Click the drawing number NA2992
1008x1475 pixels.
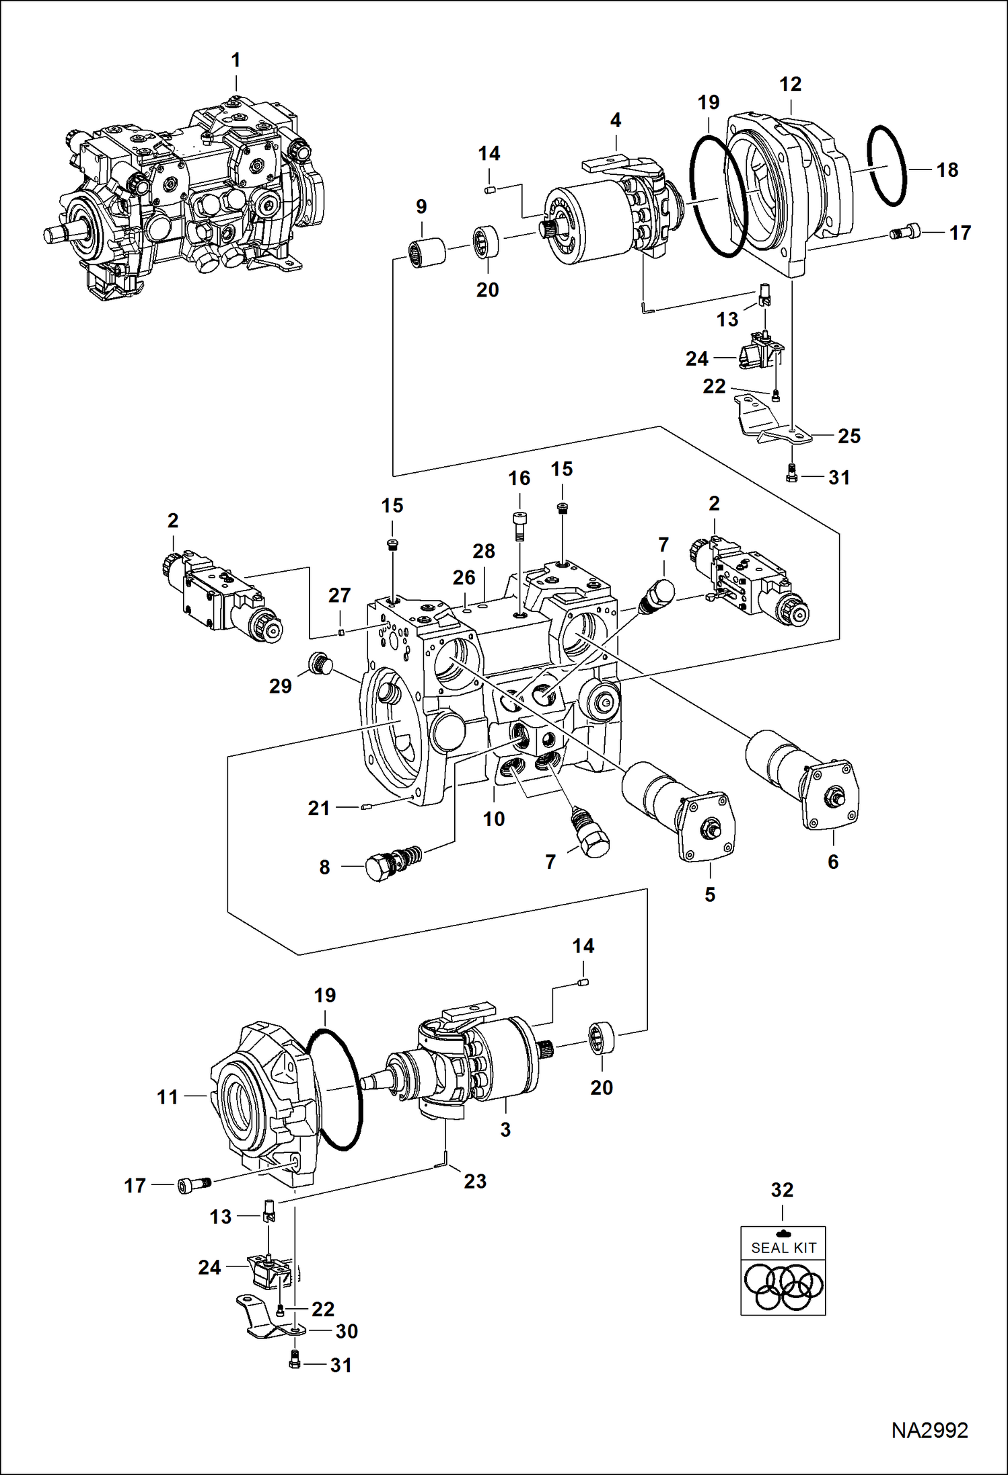tap(929, 1431)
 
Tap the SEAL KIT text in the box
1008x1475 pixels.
tap(783, 1248)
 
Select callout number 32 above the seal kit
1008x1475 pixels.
tap(782, 1190)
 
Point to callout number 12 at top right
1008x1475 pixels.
tap(790, 84)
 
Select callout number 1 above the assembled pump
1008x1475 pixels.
tap(236, 61)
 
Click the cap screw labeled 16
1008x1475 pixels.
tap(519, 524)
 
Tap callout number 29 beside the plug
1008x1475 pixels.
tap(281, 686)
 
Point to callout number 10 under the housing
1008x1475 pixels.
tap(494, 819)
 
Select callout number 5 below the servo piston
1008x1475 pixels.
tap(710, 895)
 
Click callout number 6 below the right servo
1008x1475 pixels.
tap(833, 862)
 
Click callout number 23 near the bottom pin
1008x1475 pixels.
tap(475, 1181)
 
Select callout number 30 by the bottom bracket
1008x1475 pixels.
tap(347, 1331)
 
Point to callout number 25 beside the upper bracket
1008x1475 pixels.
tap(849, 436)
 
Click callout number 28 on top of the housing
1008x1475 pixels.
tap(484, 551)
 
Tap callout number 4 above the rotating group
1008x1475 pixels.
tap(615, 120)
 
